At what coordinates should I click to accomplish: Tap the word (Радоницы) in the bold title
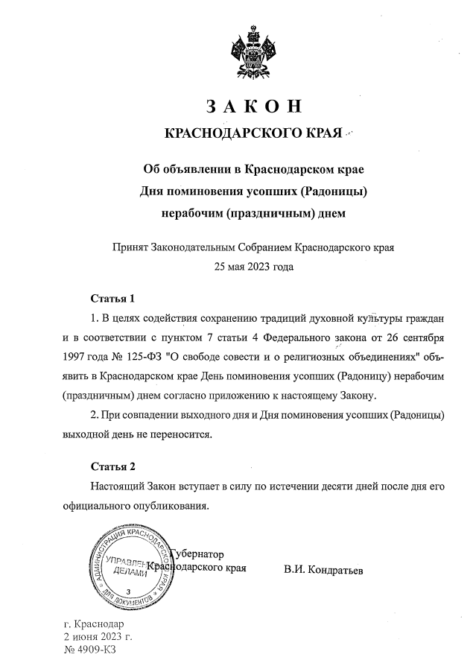click(x=333, y=191)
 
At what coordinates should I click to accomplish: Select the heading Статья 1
click(x=112, y=299)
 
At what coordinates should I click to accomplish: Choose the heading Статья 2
click(x=112, y=467)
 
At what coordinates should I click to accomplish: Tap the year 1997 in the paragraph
click(x=77, y=357)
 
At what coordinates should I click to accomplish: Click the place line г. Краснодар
click(x=93, y=624)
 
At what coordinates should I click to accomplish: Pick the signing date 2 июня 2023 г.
click(x=98, y=637)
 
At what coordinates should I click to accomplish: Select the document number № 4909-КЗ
click(x=95, y=650)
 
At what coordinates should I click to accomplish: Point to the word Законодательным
click(x=193, y=246)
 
